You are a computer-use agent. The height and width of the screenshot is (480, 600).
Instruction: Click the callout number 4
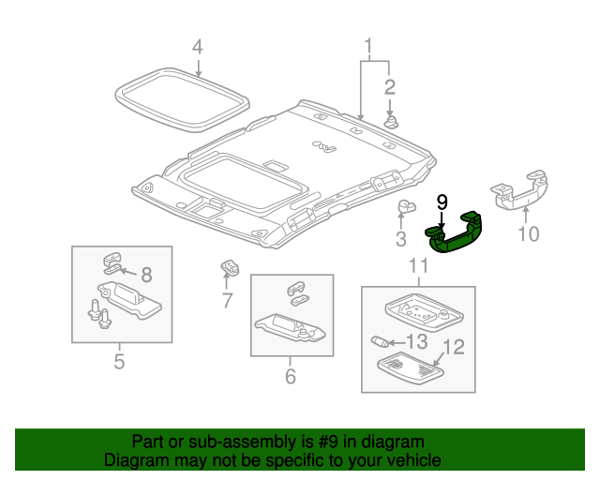pyautogui.click(x=197, y=46)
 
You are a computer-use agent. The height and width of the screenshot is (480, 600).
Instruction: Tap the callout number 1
pyautogui.click(x=368, y=45)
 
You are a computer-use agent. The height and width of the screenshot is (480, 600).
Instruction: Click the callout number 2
pyautogui.click(x=389, y=88)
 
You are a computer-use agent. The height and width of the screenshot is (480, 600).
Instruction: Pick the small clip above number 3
pyautogui.click(x=406, y=208)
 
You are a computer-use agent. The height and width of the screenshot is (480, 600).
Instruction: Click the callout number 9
pyautogui.click(x=442, y=202)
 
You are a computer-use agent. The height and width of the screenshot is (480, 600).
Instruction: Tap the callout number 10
pyautogui.click(x=529, y=232)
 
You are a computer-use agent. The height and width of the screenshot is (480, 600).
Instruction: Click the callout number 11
pyautogui.click(x=418, y=266)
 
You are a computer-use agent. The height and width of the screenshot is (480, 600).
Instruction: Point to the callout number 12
pyautogui.click(x=453, y=349)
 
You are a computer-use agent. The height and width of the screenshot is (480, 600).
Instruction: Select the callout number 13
pyautogui.click(x=415, y=340)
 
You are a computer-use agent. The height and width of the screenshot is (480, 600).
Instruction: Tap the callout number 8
pyautogui.click(x=145, y=275)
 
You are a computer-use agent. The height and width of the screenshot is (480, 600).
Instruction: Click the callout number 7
pyautogui.click(x=226, y=301)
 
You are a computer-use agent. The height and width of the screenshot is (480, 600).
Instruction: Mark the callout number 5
pyautogui.click(x=119, y=361)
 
